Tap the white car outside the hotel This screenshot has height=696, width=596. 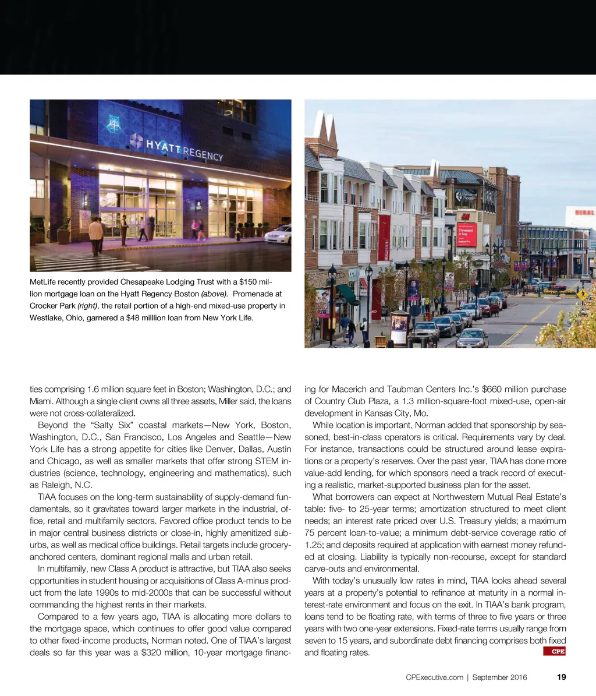tap(278, 234)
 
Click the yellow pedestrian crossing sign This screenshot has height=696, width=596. tap(581, 294)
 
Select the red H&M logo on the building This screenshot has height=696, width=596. tap(465, 217)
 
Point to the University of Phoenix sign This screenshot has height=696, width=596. tap(466, 197)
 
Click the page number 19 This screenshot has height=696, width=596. tap(561, 677)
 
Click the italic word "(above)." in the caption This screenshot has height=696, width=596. tap(214, 294)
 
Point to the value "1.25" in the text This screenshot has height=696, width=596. tap(313, 545)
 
